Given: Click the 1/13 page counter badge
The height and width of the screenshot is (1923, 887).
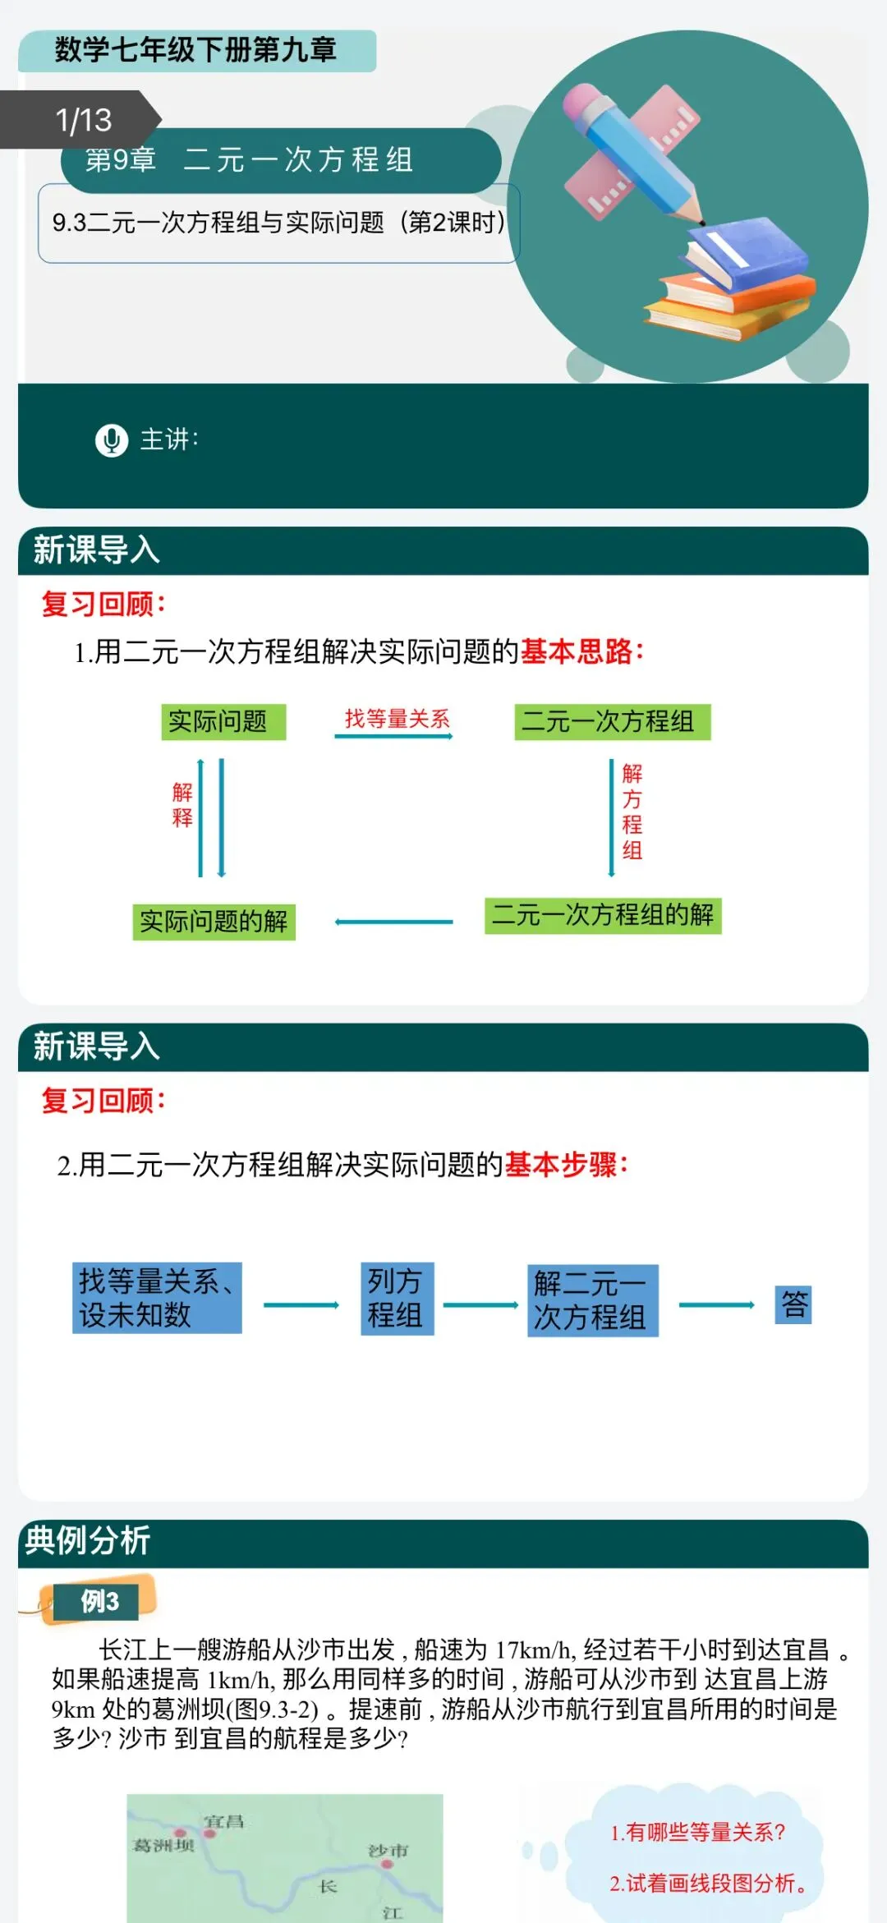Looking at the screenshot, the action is [82, 120].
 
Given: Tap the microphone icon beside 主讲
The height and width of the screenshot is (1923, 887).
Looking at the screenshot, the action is [112, 440].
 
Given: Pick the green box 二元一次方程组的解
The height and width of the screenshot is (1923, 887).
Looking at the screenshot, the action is [603, 915].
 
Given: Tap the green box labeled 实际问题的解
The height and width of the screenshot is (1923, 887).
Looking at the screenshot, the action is [214, 922].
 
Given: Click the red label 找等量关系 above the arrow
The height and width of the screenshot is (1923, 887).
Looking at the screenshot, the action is [397, 719].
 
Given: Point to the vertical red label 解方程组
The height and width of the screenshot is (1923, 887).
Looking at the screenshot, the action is [632, 811].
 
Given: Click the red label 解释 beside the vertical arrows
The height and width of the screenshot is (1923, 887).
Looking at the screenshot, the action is [182, 804].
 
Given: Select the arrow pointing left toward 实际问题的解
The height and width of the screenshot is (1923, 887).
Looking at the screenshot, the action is [394, 922].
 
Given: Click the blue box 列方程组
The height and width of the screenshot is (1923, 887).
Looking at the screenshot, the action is [397, 1298].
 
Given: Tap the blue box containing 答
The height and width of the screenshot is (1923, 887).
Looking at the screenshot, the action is [793, 1304].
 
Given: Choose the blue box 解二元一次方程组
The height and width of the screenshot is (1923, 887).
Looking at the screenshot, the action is [592, 1300].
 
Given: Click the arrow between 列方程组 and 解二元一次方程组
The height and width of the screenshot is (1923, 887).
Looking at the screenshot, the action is [480, 1304].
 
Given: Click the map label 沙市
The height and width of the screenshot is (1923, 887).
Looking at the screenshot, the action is [388, 1850].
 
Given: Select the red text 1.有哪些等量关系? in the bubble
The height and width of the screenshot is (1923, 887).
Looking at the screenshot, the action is [697, 1832].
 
